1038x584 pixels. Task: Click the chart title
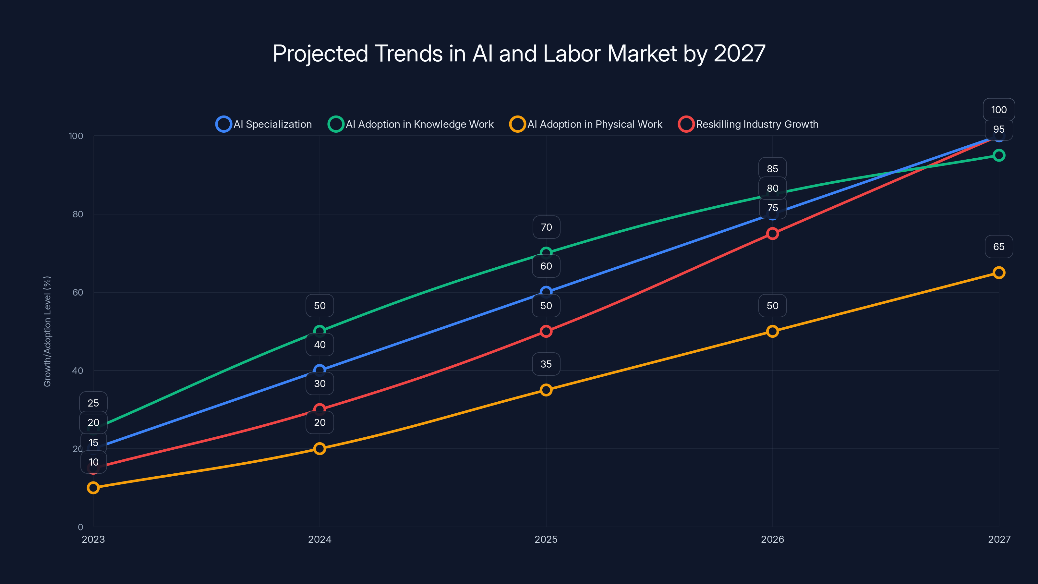(519, 54)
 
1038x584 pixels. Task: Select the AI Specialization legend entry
(264, 124)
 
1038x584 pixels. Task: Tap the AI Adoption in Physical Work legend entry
(586, 124)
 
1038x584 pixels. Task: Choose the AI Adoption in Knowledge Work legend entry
(411, 124)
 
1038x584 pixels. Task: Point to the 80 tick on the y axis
(78, 214)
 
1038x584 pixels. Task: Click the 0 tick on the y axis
(80, 527)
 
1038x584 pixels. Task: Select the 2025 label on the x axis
(546, 539)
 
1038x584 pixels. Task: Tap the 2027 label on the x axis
(999, 539)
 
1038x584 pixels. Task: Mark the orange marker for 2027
(999, 273)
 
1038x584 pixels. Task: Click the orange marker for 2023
(93, 488)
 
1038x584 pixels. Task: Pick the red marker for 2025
(546, 331)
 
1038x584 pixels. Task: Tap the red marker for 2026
(772, 234)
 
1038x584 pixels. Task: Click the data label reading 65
(999, 247)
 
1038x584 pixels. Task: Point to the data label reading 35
(546, 364)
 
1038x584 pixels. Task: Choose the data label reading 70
(546, 227)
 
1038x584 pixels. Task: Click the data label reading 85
(772, 169)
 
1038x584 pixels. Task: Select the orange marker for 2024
(320, 449)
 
